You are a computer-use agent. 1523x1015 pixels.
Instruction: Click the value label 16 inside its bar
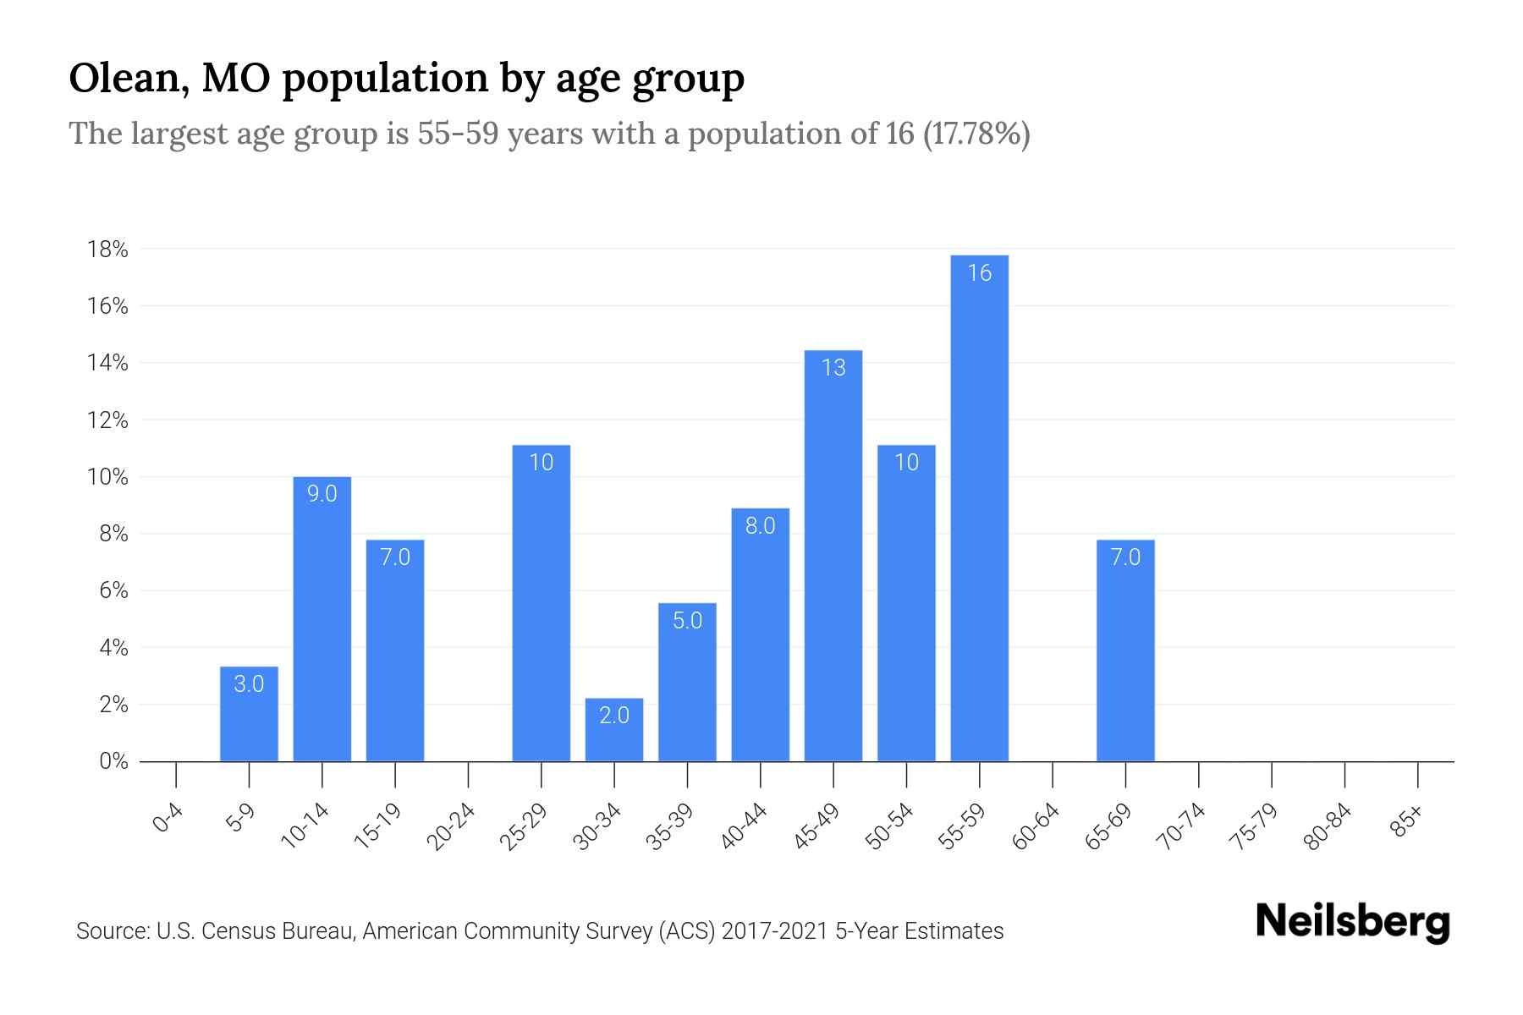979,273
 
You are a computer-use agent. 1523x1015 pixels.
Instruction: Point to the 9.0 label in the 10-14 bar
322,494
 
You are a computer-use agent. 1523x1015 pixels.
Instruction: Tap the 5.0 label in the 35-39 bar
687,621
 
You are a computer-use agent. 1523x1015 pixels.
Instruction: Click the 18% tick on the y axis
107,250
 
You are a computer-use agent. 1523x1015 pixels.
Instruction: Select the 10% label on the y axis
107,477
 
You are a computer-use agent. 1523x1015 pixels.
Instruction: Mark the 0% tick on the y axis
113,761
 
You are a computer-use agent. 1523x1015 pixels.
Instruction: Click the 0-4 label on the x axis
168,819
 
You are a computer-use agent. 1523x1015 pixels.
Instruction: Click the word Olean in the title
126,79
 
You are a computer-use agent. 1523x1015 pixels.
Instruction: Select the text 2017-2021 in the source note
775,931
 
